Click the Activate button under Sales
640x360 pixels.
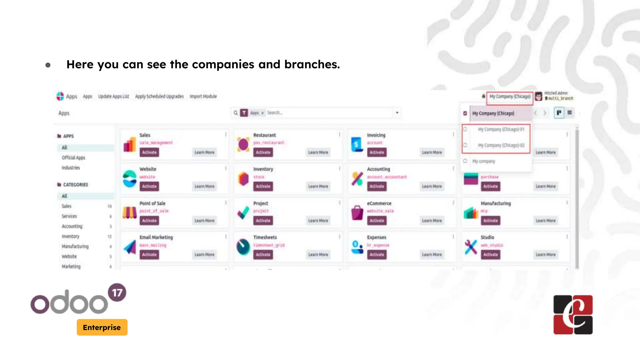pos(149,152)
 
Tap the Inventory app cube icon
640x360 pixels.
pos(243,179)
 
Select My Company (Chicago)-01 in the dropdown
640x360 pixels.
pos(501,129)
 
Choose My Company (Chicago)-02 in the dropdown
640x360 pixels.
pos(501,145)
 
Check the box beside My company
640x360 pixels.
pos(465,161)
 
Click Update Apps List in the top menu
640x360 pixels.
pos(113,97)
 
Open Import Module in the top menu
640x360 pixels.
pos(203,97)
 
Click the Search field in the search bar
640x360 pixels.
pos(328,113)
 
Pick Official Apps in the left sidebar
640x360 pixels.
pos(73,158)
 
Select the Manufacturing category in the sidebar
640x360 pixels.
pos(75,247)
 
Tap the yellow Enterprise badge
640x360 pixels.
pos(102,327)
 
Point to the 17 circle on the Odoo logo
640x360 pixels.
pos(117,292)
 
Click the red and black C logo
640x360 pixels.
pos(573,315)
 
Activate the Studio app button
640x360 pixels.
pos(490,255)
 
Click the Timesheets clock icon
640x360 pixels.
pos(243,247)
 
